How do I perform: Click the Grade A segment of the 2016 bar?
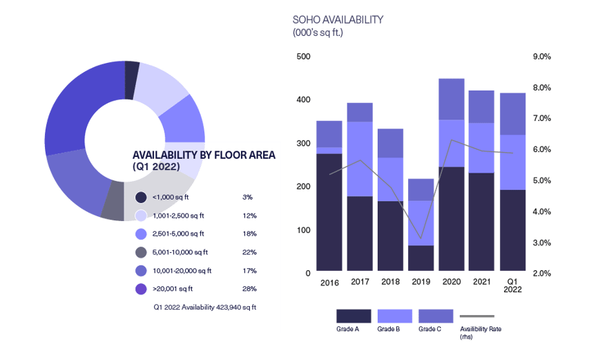(329, 211)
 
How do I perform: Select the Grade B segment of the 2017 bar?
(360, 159)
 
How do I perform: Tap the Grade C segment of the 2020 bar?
(452, 99)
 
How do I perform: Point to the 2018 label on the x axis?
(390, 282)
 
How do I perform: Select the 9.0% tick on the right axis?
(541, 57)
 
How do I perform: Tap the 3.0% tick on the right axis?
(541, 243)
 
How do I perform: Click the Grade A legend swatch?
(354, 316)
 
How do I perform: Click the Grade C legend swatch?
(436, 316)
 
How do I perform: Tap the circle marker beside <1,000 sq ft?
(142, 197)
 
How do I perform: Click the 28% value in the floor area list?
(250, 289)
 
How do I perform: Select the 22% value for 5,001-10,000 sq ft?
(250, 252)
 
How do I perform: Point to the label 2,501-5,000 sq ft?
(178, 234)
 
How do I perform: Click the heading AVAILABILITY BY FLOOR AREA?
(203, 155)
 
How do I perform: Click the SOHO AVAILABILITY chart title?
(338, 19)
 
